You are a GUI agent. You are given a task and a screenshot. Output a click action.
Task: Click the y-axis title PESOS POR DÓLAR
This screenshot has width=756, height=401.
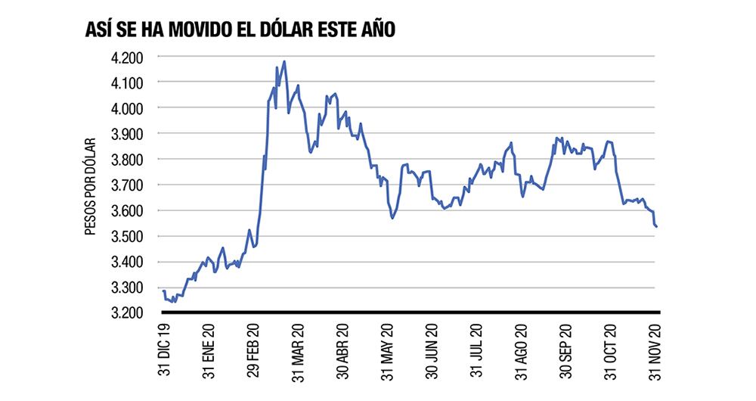90,185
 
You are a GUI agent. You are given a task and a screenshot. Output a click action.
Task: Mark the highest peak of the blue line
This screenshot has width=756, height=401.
284,62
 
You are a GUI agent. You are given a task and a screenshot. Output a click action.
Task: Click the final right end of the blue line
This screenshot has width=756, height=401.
656,226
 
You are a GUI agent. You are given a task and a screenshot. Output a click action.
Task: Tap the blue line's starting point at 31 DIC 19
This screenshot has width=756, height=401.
164,291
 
